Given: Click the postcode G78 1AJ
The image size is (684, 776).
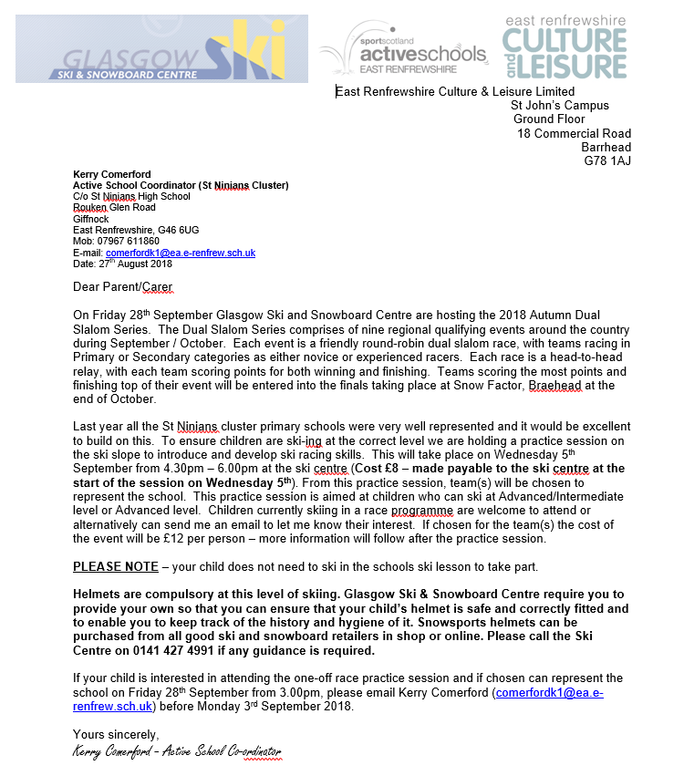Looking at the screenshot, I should (x=607, y=161).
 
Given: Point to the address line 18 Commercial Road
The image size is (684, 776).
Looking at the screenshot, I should (x=574, y=133).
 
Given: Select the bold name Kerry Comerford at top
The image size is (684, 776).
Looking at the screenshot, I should (x=112, y=174).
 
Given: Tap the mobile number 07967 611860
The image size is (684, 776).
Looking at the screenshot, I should (x=126, y=241).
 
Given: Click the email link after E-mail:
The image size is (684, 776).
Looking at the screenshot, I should (x=181, y=253).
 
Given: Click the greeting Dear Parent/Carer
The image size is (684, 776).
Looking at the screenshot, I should (x=122, y=287).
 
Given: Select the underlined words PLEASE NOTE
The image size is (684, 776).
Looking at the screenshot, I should (x=116, y=566).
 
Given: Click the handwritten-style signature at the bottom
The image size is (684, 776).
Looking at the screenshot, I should (x=178, y=751).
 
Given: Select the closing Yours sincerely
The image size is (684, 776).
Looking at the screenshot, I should (x=116, y=734).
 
